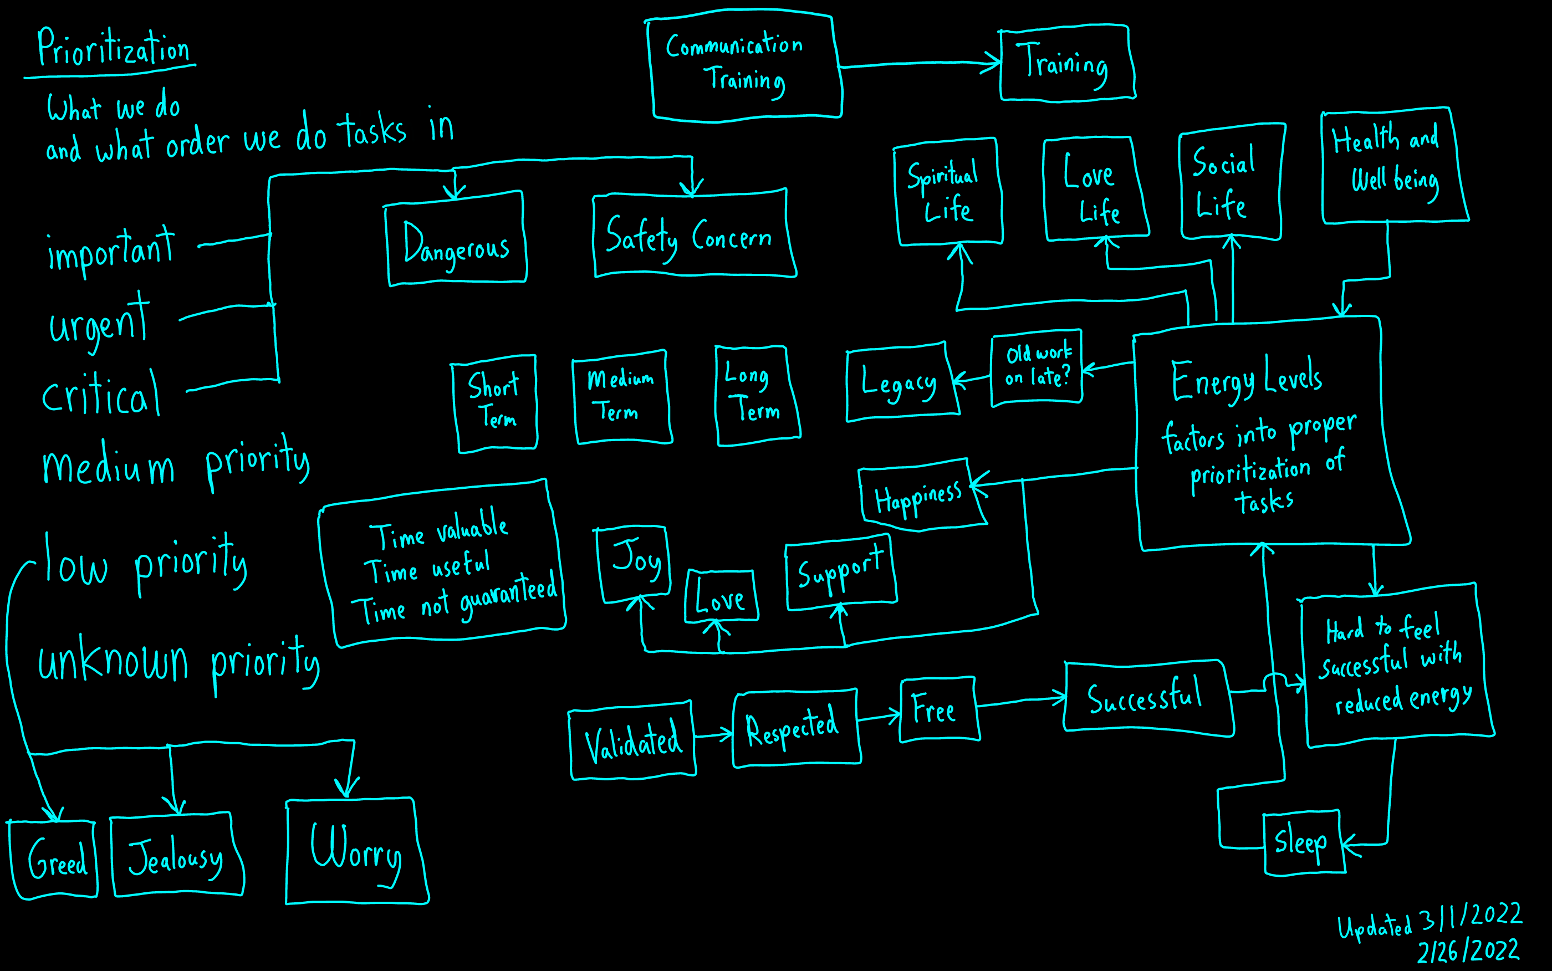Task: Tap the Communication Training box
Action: [x=743, y=66]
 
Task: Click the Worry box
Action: [x=357, y=851]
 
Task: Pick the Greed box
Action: [x=53, y=859]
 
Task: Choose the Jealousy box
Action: [x=177, y=855]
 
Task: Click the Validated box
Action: [x=632, y=741]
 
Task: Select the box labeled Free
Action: [x=939, y=709]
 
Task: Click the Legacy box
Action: [x=902, y=382]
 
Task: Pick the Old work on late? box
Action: [x=1037, y=368]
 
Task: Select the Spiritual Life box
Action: [x=948, y=191]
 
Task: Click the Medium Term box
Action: [x=621, y=397]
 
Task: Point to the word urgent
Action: [x=100, y=321]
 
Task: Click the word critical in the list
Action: [x=101, y=393]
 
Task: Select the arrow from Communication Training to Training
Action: [x=920, y=64]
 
